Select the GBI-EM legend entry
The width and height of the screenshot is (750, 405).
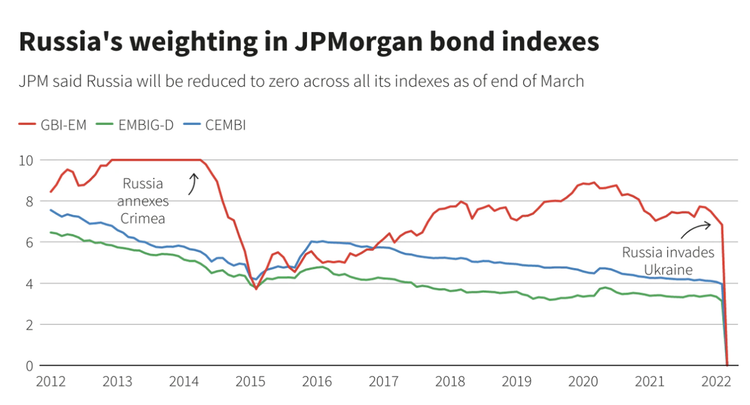point(54,126)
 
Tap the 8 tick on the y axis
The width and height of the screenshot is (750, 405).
point(28,201)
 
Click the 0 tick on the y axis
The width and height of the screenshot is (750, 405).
point(28,366)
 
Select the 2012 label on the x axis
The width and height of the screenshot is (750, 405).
point(50,382)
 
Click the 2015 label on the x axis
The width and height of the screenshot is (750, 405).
point(251,382)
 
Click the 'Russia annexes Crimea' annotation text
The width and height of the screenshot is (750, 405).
point(143,201)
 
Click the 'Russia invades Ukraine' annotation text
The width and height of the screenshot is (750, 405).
point(668,261)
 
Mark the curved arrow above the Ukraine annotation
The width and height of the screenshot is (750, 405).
point(696,229)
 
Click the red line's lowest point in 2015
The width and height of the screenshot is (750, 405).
point(256,289)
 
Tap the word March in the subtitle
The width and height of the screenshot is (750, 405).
point(559,81)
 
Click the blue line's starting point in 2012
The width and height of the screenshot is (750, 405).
point(50,210)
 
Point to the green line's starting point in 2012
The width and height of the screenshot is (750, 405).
point(50,232)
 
